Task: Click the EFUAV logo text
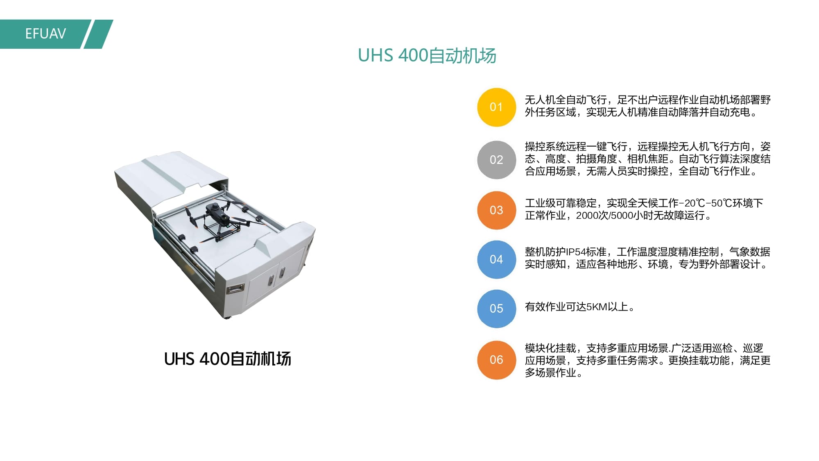45,34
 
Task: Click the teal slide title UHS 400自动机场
427,55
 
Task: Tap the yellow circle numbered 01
496,107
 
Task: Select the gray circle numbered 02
496,160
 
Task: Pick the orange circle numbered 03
496,210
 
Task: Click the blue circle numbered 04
496,259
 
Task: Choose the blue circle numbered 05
496,309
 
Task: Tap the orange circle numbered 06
496,360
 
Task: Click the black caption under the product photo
228,359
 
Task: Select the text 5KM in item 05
597,307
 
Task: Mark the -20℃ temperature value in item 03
692,203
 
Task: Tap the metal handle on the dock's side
235,289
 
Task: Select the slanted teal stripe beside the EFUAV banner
99,34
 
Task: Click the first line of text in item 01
648,100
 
